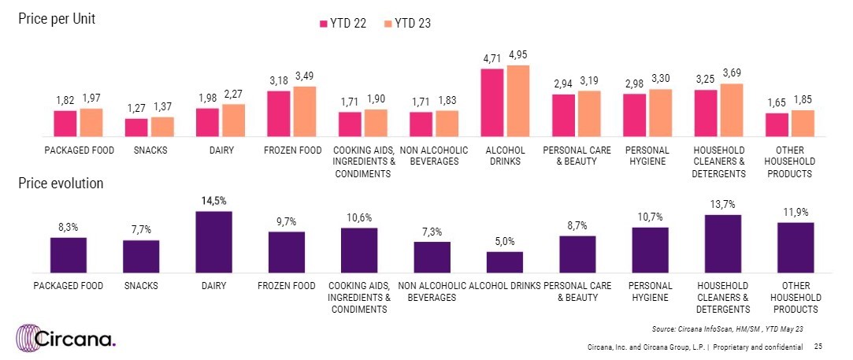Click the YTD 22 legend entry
tap(342, 24)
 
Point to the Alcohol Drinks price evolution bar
tap(504, 262)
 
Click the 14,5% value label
tap(213, 201)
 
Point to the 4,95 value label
tap(519, 54)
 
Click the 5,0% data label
tap(504, 241)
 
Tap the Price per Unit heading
tap(57, 20)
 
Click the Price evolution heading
tap(61, 184)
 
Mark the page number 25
tap(818, 347)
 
